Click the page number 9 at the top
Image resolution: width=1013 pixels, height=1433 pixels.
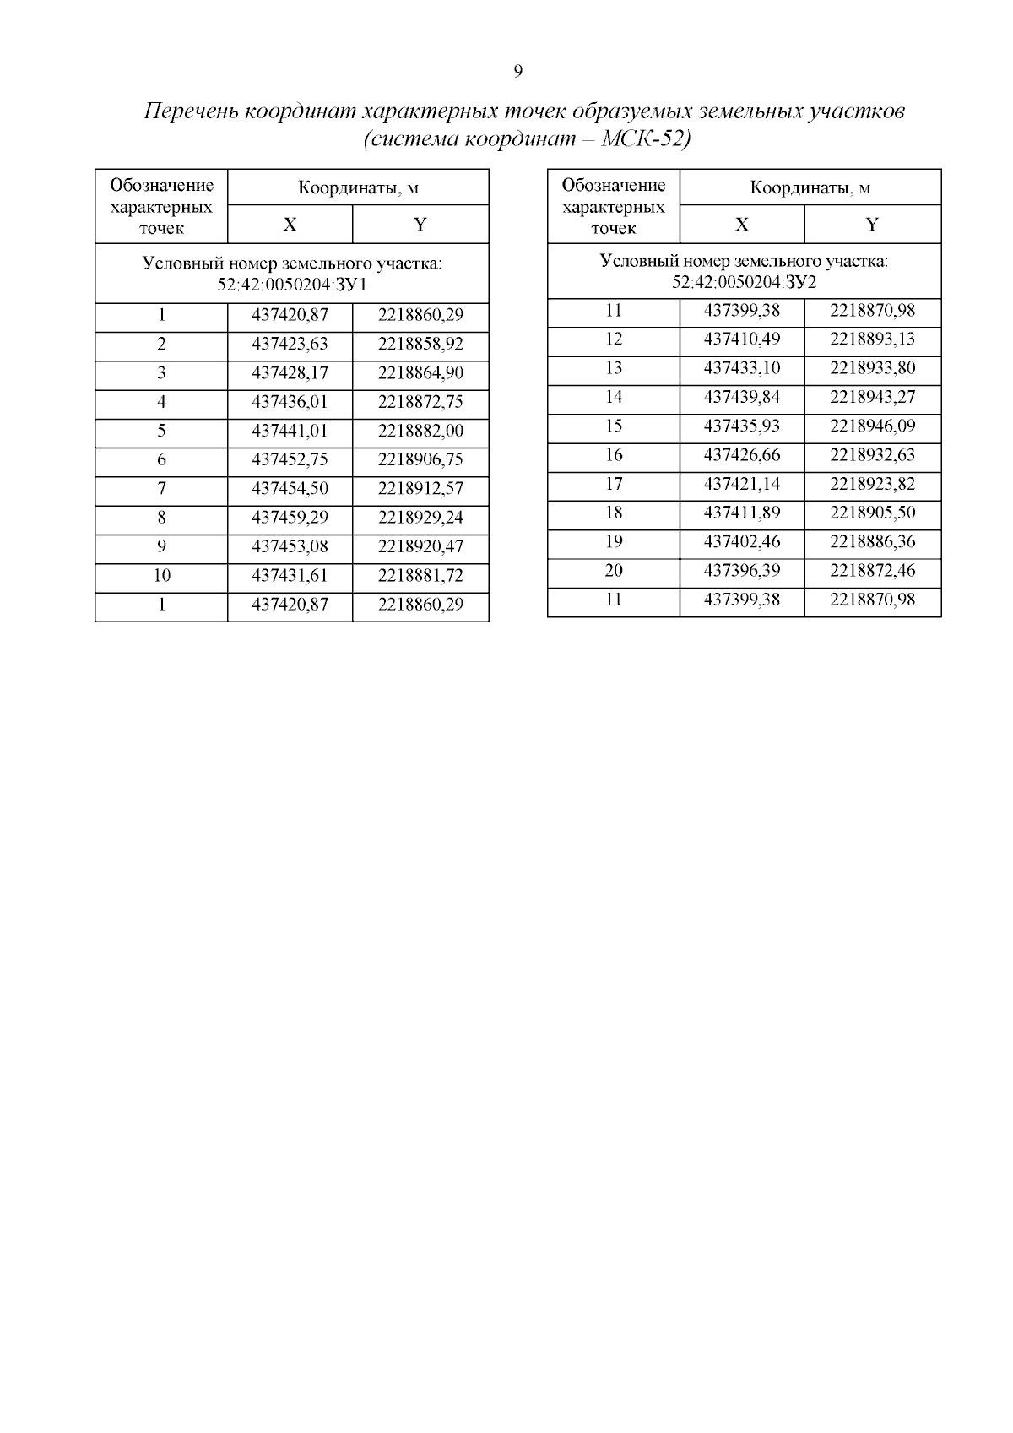tap(517, 71)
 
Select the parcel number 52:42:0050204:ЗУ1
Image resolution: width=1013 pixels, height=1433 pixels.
tap(292, 285)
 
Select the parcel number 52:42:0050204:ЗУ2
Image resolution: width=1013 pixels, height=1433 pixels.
tap(744, 281)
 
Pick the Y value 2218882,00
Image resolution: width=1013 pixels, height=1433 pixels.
tap(420, 431)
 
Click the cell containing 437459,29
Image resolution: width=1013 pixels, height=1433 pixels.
tap(290, 518)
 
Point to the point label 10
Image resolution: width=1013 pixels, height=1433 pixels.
tap(161, 576)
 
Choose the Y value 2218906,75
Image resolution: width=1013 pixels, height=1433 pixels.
tap(420, 459)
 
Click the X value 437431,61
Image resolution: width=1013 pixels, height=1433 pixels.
tap(290, 576)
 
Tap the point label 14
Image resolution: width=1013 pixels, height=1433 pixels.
tap(614, 397)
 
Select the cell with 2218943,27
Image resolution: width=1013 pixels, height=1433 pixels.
tap(872, 397)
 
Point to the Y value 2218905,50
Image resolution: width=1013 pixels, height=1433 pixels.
tap(872, 513)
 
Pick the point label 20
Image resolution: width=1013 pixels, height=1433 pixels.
tap(614, 570)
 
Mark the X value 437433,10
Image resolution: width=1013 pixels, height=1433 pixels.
tap(741, 368)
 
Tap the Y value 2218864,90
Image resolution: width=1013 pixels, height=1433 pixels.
tap(420, 373)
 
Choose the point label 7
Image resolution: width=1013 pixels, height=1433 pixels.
tap(161, 489)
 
